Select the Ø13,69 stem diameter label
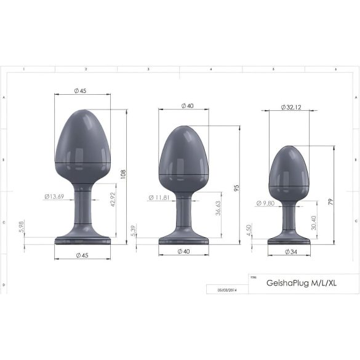(54, 197)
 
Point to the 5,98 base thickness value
(22, 228)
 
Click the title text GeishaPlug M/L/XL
(302, 283)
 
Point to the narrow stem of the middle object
(183, 213)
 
